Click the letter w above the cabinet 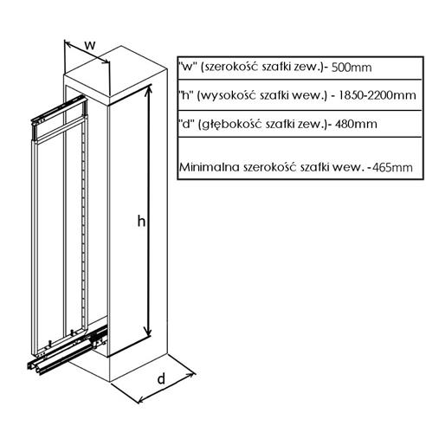[90, 45]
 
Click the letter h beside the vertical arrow [141, 222]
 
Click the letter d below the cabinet [161, 378]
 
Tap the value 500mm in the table [352, 68]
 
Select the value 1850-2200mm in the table [377, 95]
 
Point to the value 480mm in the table [356, 124]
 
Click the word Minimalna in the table [210, 167]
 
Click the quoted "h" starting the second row [185, 94]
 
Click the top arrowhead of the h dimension [149, 89]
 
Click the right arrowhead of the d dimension [190, 375]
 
